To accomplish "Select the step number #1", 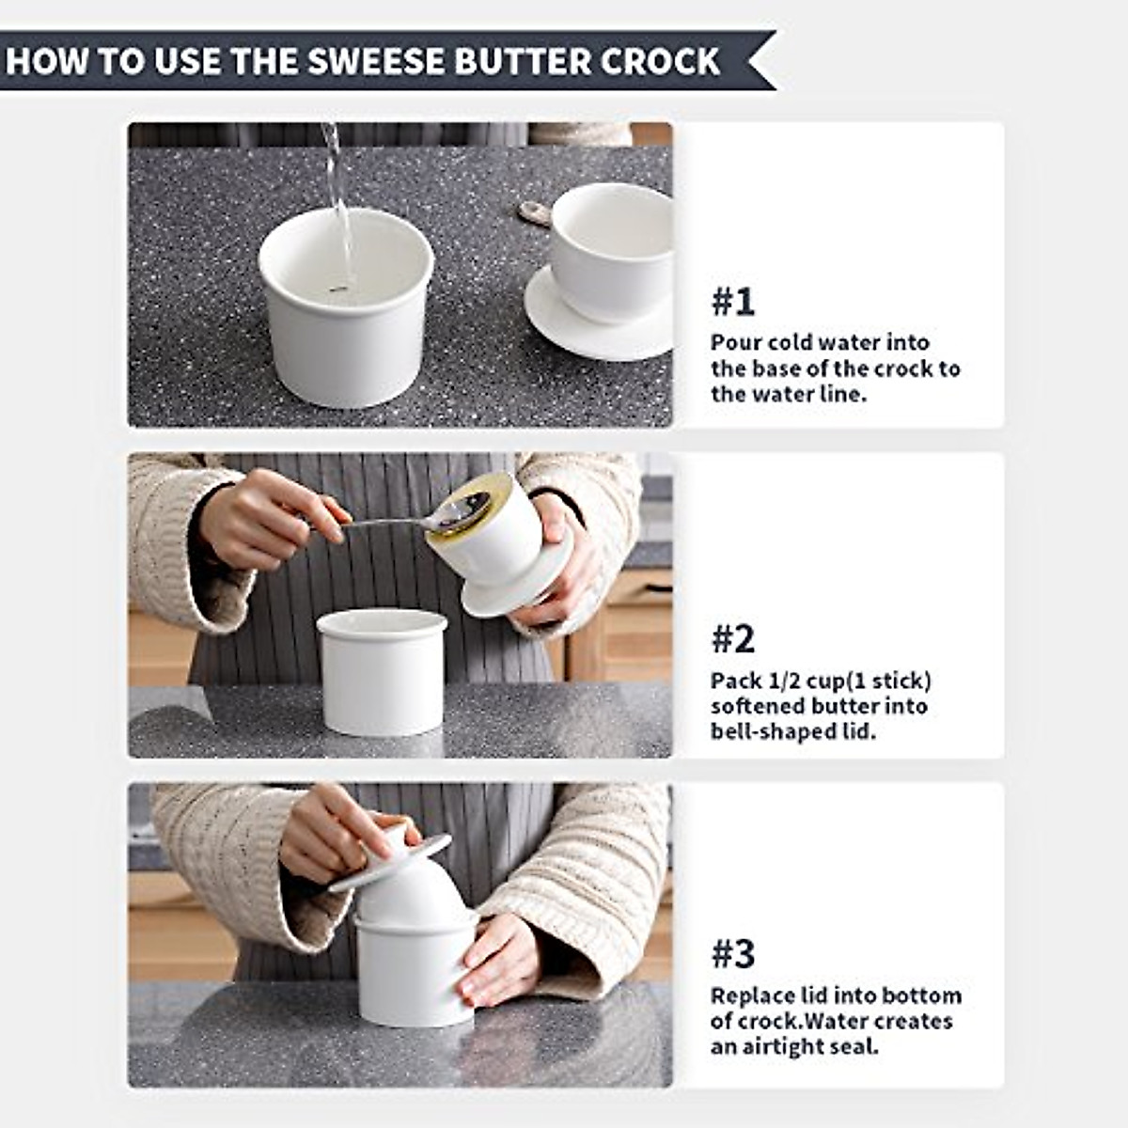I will click(x=732, y=302).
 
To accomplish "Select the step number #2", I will click(x=732, y=639).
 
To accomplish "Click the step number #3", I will click(x=732, y=954).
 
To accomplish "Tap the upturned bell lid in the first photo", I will click(x=602, y=273).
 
